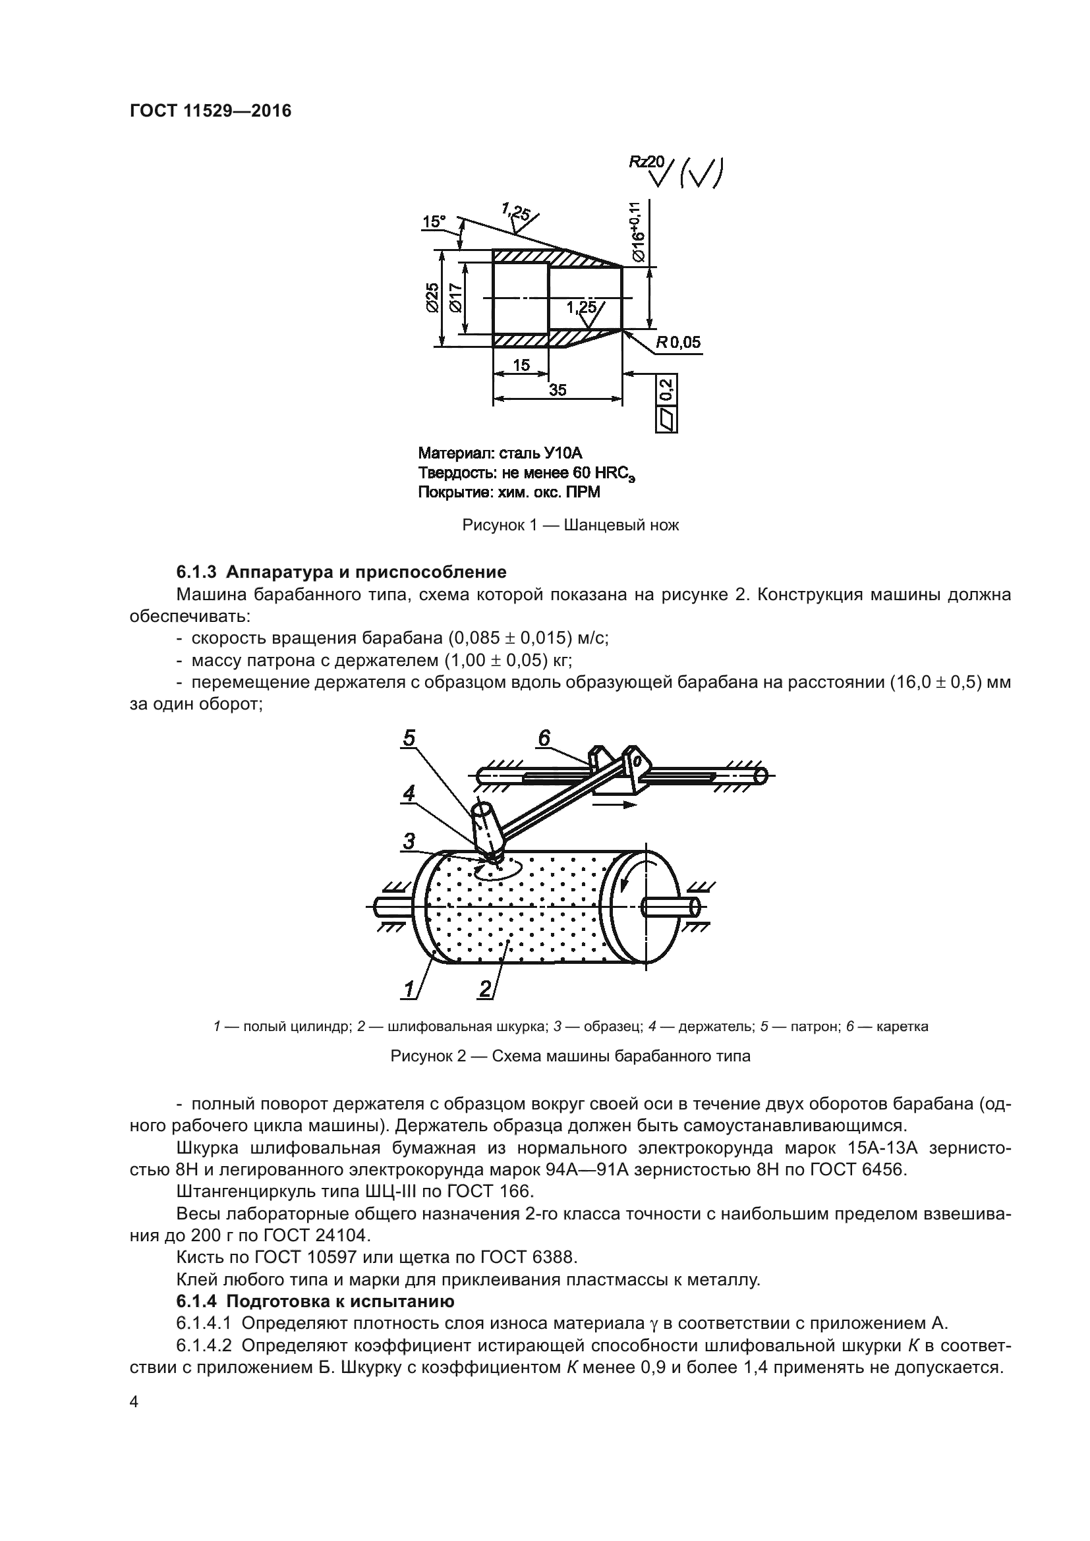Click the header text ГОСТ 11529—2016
(x=210, y=111)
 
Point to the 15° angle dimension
(x=434, y=221)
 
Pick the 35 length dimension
(x=557, y=390)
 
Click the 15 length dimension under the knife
(x=521, y=366)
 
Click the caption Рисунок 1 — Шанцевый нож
(x=571, y=525)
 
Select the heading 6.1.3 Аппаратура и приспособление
(x=341, y=572)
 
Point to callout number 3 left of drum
(x=409, y=840)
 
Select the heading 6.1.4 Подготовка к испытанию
(x=316, y=1301)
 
